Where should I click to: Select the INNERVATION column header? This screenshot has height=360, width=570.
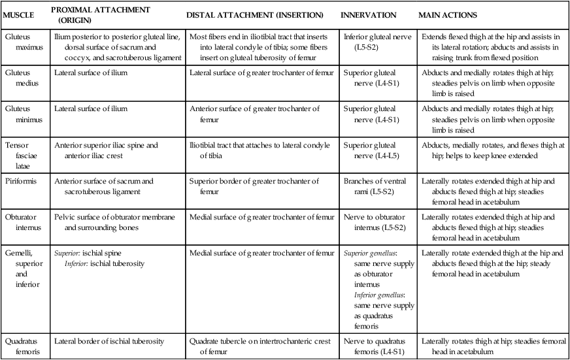click(369, 14)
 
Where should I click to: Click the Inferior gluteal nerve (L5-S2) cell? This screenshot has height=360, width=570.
click(377, 42)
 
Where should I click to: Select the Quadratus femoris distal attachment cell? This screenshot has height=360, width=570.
click(259, 346)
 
